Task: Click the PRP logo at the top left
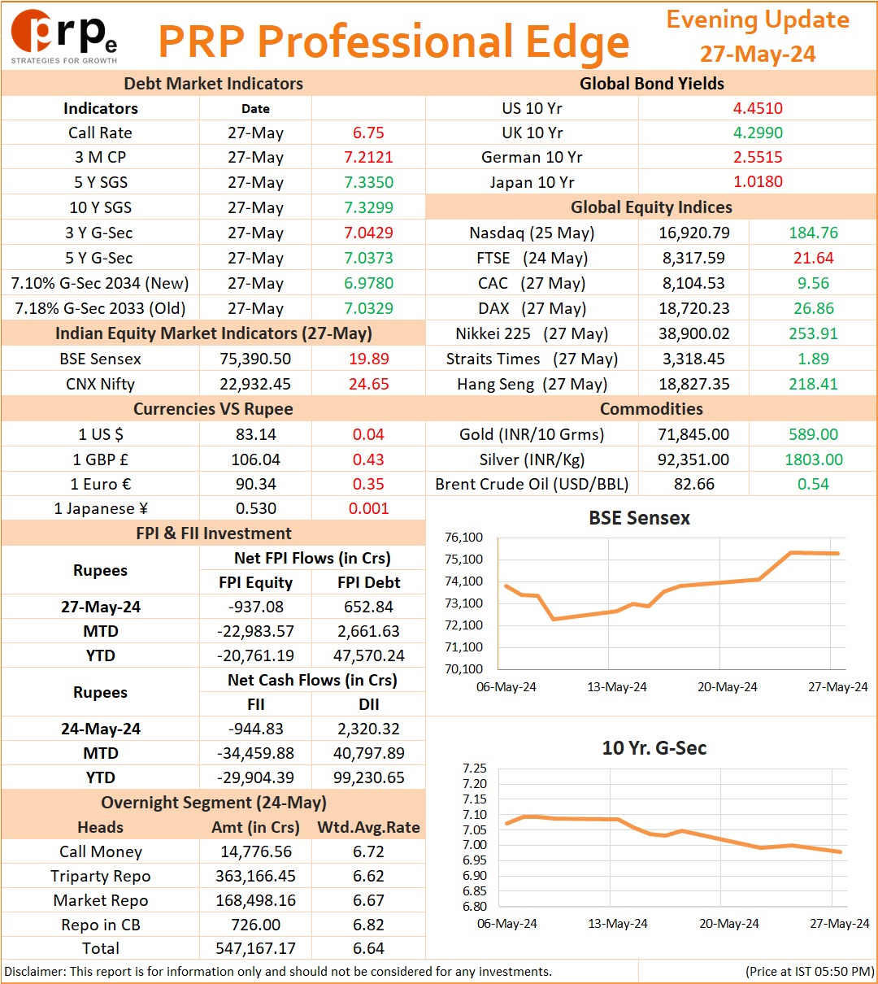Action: [x=64, y=37]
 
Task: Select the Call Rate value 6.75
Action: [x=368, y=133]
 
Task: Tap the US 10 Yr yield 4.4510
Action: [x=758, y=108]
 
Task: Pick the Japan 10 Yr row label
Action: [x=532, y=182]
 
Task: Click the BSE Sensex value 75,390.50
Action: [x=255, y=359]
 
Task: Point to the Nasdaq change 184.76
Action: [x=814, y=233]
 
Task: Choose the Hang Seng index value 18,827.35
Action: [x=694, y=384]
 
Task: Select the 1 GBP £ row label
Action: [x=101, y=459]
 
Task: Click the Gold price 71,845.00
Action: [x=693, y=434]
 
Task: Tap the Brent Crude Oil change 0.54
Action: [x=814, y=484]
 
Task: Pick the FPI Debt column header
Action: [x=369, y=581]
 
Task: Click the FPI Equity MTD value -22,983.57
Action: [x=255, y=631]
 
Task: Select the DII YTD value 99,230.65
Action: [x=369, y=777]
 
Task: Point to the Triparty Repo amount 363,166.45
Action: [x=255, y=876]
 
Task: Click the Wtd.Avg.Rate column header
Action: [x=368, y=826]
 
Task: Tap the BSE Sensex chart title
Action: [x=639, y=518]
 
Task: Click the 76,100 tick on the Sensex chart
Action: [x=463, y=538]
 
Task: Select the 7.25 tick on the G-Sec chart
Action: [x=475, y=768]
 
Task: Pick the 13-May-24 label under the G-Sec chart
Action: [x=618, y=923]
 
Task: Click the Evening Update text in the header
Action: [x=758, y=20]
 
